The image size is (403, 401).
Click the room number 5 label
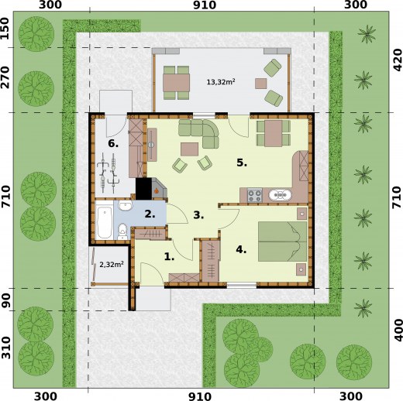(241, 163)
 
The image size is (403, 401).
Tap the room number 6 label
(113, 143)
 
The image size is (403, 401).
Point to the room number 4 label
(241, 249)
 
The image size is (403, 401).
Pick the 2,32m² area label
(107, 265)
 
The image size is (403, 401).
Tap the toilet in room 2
(122, 228)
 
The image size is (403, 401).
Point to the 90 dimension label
(6, 299)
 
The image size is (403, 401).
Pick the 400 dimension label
(395, 331)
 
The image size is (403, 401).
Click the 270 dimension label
(6, 80)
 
